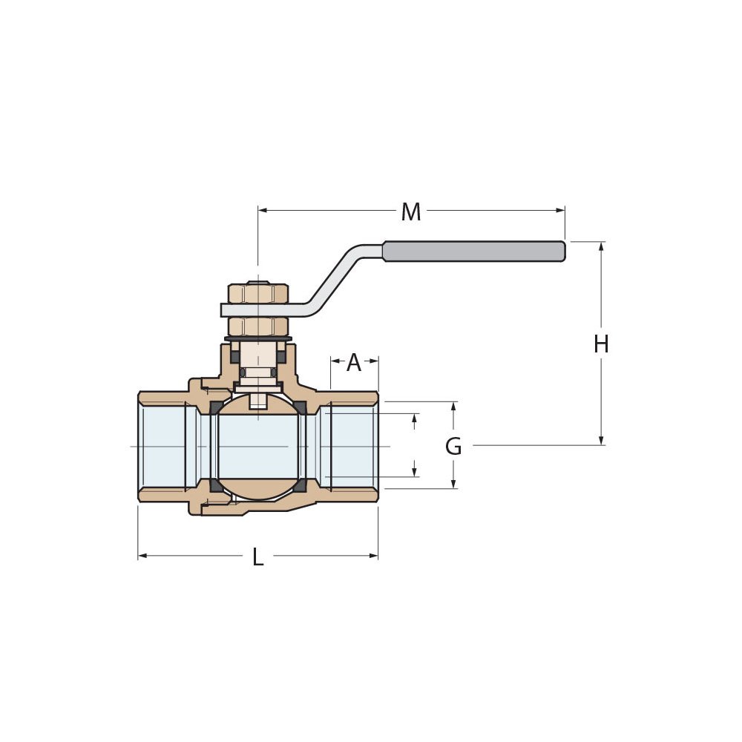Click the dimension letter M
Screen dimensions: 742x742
tap(410, 212)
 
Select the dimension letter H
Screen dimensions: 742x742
tap(601, 344)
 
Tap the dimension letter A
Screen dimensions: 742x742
tap(354, 363)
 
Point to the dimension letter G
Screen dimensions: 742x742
tap(453, 447)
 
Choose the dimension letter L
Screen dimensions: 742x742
tap(257, 557)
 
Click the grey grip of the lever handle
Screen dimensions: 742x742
tap(473, 252)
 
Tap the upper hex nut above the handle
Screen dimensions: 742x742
tap(257, 294)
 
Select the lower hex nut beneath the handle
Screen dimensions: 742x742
tap(257, 326)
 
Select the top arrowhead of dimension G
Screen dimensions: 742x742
tap(453, 406)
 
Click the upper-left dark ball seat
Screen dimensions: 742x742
tap(215, 407)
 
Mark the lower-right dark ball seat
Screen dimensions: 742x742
tap(300, 485)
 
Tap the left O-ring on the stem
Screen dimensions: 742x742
tap(243, 372)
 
